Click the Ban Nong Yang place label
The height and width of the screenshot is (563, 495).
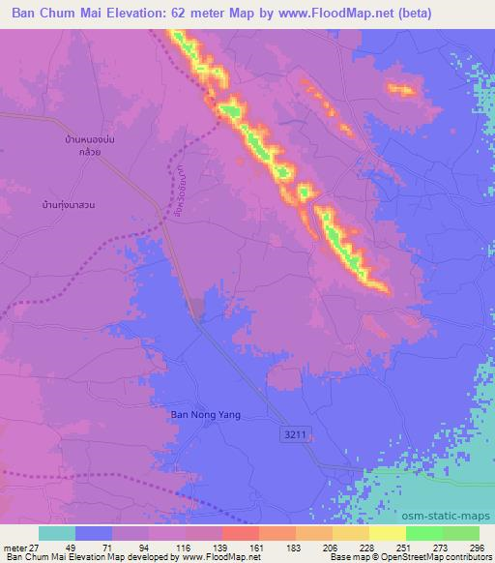click(x=205, y=415)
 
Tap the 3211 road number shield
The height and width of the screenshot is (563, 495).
click(x=297, y=436)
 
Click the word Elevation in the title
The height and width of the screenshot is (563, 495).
click(x=124, y=14)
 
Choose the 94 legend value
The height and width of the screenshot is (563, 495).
click(x=145, y=548)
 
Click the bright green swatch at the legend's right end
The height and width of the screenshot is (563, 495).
click(x=460, y=533)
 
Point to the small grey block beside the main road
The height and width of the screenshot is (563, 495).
click(x=196, y=310)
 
